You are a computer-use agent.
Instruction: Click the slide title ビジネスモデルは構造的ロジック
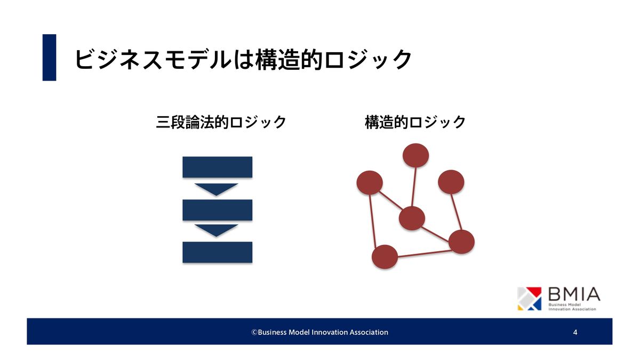(243, 59)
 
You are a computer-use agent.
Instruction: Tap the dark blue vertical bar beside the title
(50, 58)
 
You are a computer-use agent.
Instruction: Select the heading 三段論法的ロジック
(221, 122)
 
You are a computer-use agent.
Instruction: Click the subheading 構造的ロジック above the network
(415, 122)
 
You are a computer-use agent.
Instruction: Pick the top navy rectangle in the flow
(218, 167)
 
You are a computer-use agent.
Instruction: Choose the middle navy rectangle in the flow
(218, 210)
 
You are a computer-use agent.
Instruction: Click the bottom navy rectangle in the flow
(218, 252)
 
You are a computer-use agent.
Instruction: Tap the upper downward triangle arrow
(217, 189)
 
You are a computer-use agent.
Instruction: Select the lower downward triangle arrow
(217, 230)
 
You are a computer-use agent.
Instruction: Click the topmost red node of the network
(415, 155)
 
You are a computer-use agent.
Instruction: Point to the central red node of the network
(412, 218)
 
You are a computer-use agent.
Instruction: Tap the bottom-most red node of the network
(385, 257)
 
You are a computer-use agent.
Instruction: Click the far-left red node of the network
(370, 183)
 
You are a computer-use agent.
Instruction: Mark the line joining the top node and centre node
(414, 187)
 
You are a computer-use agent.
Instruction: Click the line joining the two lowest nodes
(425, 254)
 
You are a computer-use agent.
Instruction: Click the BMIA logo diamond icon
(530, 299)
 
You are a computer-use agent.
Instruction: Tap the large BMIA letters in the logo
(574, 294)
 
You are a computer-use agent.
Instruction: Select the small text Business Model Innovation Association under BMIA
(572, 307)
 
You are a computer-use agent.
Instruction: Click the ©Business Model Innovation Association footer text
(319, 332)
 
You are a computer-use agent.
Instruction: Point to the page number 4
(575, 332)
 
